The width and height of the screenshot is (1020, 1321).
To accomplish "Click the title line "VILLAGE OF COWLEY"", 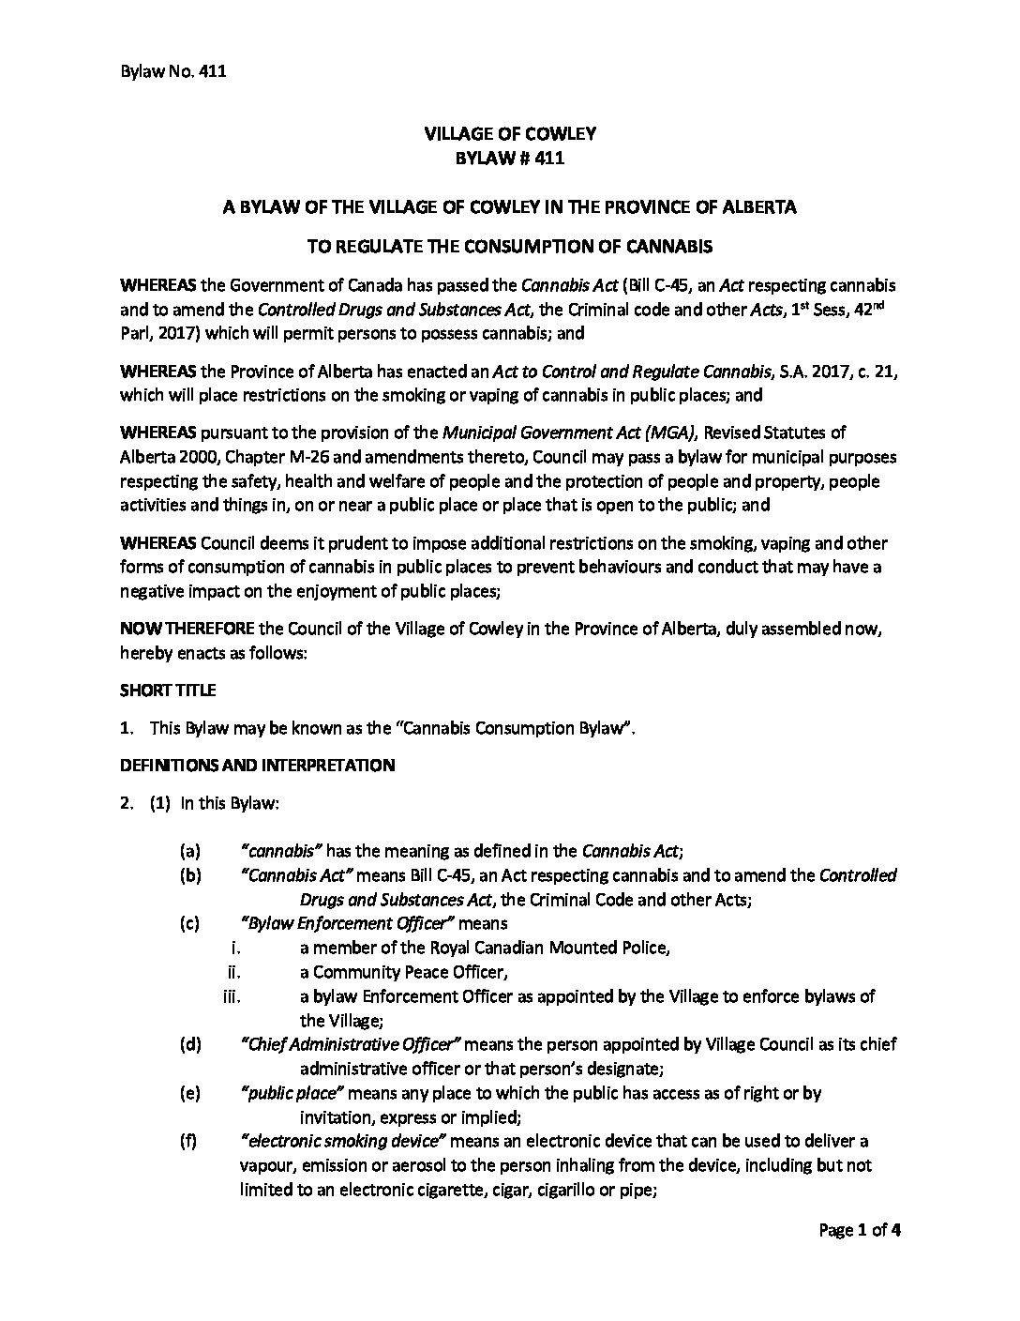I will click(509, 134).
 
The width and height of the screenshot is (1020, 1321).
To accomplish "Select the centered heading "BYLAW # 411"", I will click(509, 159).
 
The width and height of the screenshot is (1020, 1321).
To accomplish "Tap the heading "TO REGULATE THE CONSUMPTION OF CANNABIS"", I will click(509, 247).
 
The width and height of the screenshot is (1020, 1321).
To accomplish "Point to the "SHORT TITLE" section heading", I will click(168, 690).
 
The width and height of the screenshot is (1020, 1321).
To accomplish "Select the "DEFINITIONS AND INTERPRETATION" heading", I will click(257, 765).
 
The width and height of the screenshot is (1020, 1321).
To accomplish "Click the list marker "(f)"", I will click(189, 1141).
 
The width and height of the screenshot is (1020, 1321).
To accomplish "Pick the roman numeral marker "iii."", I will click(232, 996).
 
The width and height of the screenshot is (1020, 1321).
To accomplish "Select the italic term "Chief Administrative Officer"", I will click(352, 1044).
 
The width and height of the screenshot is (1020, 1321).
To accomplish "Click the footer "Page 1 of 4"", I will click(860, 1230).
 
